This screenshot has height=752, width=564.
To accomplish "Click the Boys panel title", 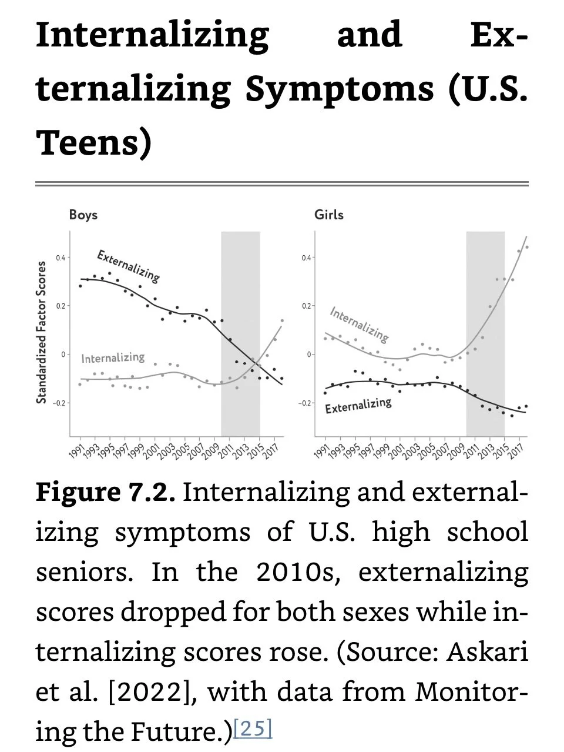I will point(83,215).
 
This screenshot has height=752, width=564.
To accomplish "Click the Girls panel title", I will point(328,215).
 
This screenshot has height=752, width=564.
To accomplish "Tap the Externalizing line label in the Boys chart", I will point(128,265).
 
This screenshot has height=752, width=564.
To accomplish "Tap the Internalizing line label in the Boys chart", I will point(113,357).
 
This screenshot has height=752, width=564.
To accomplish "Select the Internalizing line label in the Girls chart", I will point(359,323).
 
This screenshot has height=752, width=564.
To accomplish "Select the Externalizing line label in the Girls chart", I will point(358,405).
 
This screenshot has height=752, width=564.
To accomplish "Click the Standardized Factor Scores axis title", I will point(41,333).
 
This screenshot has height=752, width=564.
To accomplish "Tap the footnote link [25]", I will point(253,728).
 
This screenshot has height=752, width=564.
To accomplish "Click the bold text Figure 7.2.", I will point(106,492).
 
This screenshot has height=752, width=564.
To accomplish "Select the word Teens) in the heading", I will point(94,143).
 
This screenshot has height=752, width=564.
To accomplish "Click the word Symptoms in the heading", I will point(340,89).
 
